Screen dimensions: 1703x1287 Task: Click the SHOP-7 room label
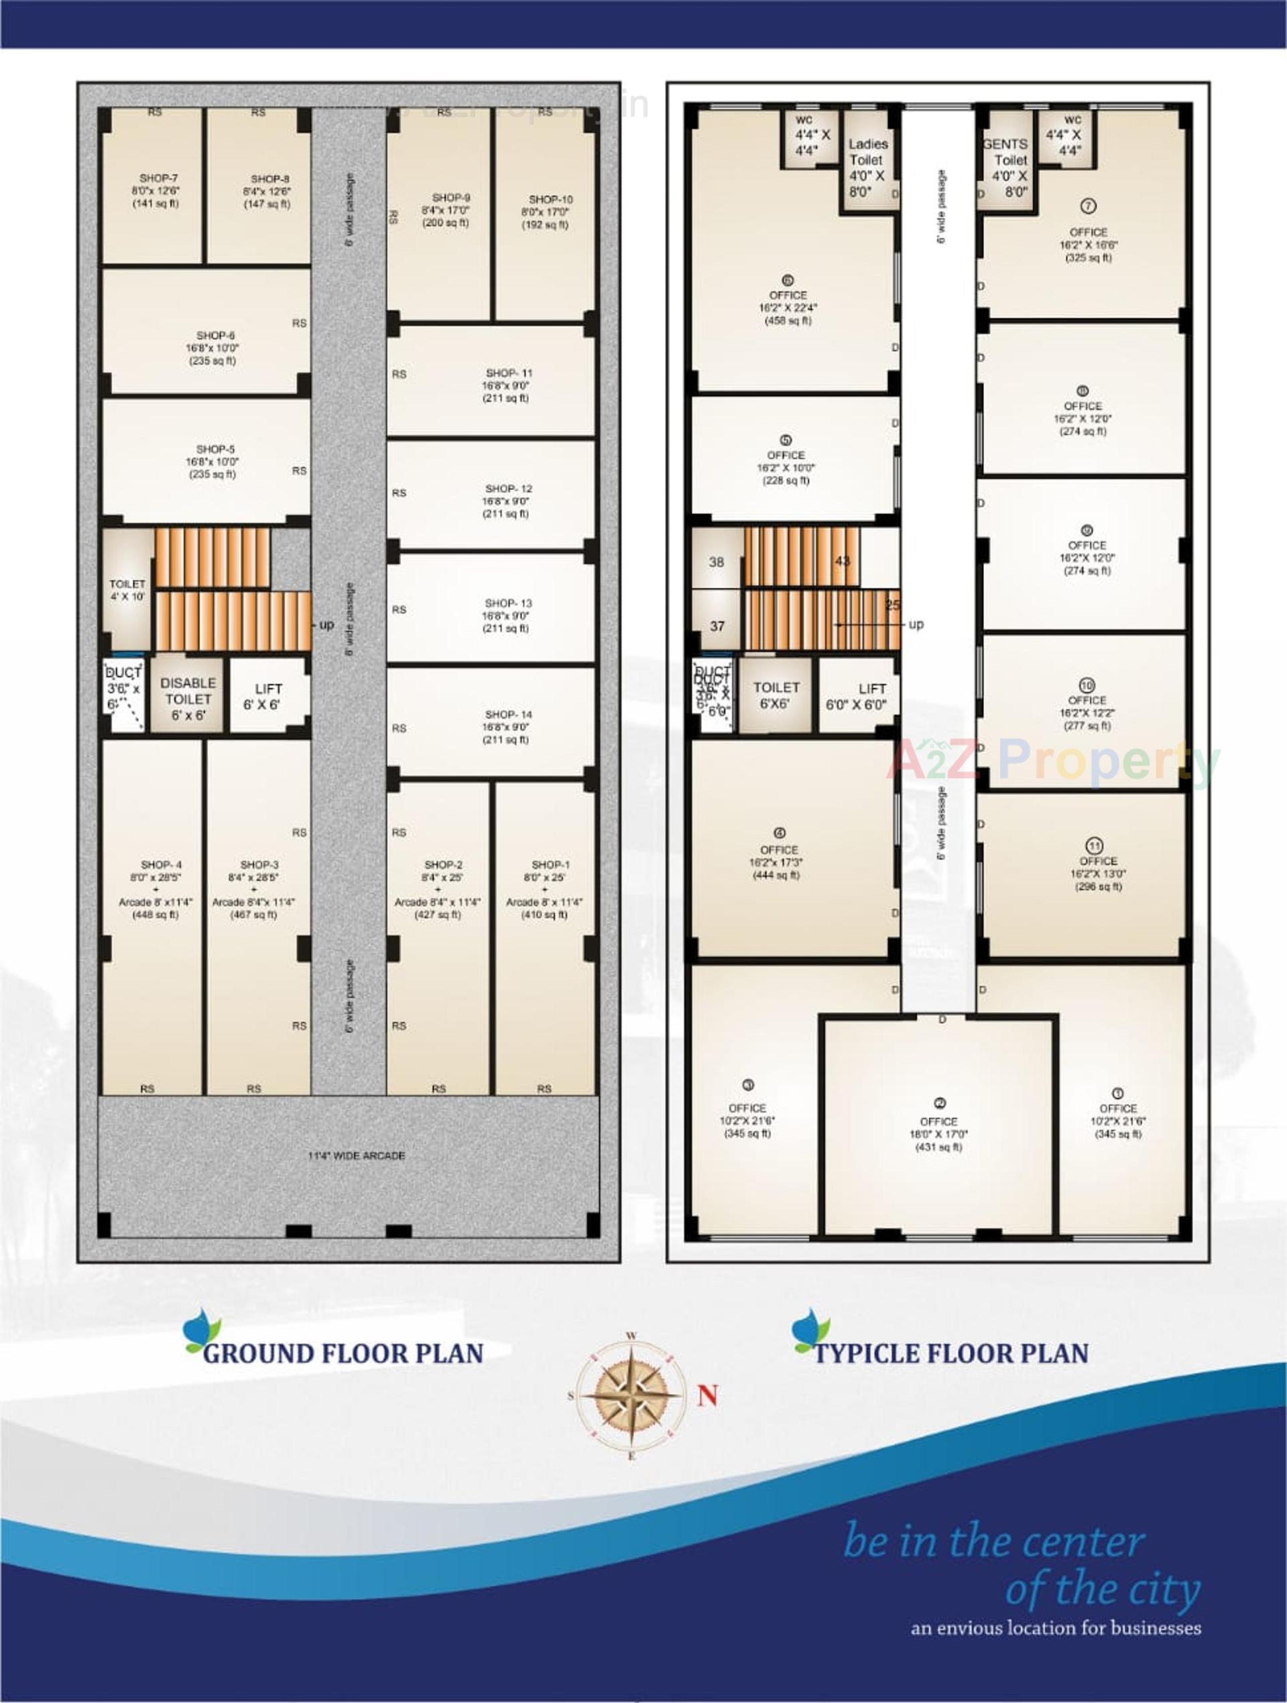[159, 178]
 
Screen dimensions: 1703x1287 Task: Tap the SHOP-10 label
[550, 200]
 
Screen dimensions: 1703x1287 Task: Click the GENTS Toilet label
[1007, 152]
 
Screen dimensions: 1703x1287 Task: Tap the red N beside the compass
[708, 1395]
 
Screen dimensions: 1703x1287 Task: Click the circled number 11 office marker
[1094, 844]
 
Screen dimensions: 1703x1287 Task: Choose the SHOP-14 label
[508, 714]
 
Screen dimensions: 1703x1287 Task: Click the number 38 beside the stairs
[717, 562]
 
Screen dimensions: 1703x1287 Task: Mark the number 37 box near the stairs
[717, 626]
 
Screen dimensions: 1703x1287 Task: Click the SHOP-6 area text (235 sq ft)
[212, 361]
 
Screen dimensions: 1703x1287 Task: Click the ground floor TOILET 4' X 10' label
[127, 590]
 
